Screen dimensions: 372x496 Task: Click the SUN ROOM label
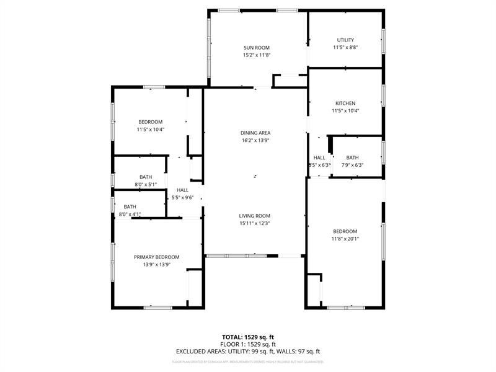(x=257, y=48)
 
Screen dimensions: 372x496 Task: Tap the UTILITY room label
(x=345, y=40)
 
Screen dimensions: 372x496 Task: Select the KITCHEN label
(x=345, y=104)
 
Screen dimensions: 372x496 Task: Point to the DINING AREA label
(x=255, y=133)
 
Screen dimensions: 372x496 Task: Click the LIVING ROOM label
(x=255, y=216)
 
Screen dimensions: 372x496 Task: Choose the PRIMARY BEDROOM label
(x=157, y=257)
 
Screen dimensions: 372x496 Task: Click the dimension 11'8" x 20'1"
(x=345, y=239)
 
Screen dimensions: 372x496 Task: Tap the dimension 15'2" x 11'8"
(x=257, y=55)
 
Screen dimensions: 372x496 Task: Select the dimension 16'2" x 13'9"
(x=255, y=141)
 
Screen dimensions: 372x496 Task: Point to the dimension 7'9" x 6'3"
(x=352, y=166)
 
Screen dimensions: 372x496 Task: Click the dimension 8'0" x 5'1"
(x=146, y=185)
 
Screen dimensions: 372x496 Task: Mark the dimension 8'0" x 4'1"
(x=130, y=215)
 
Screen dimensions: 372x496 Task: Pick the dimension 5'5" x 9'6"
(x=183, y=198)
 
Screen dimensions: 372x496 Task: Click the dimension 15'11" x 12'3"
(x=255, y=223)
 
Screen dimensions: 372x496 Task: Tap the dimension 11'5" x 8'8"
(x=345, y=48)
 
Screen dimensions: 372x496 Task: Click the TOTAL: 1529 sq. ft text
(x=248, y=337)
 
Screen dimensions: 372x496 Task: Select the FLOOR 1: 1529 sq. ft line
(x=248, y=344)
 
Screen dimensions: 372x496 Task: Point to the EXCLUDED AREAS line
(x=248, y=352)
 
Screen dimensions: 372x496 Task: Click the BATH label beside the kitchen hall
(x=352, y=158)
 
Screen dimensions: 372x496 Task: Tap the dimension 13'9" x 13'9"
(x=157, y=265)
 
